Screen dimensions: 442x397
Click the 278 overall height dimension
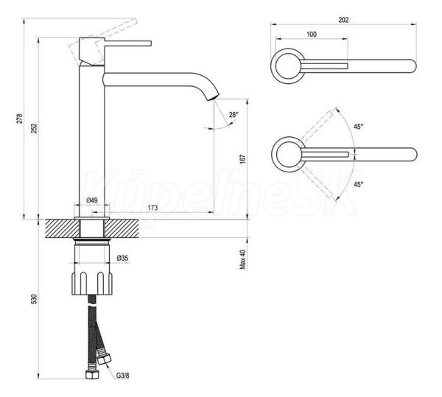(19, 119)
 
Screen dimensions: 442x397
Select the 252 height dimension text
(34, 128)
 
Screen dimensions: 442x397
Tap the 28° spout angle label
(234, 115)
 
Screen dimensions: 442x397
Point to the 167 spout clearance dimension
(243, 159)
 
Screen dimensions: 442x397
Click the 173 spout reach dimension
(152, 208)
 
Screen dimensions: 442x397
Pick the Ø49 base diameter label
(92, 200)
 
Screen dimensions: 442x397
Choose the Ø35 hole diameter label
(122, 258)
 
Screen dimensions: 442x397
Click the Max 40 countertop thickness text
(243, 259)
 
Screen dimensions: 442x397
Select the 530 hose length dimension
(34, 299)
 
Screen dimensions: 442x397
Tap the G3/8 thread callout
(122, 376)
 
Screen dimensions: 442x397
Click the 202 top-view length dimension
(343, 20)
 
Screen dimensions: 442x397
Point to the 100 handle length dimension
(312, 35)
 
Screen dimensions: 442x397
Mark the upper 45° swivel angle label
(359, 127)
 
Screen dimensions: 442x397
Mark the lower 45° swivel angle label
(359, 185)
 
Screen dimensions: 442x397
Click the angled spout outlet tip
(214, 97)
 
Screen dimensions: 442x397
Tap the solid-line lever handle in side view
(128, 43)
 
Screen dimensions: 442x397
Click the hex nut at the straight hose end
(92, 375)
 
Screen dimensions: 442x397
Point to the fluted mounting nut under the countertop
(92, 283)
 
